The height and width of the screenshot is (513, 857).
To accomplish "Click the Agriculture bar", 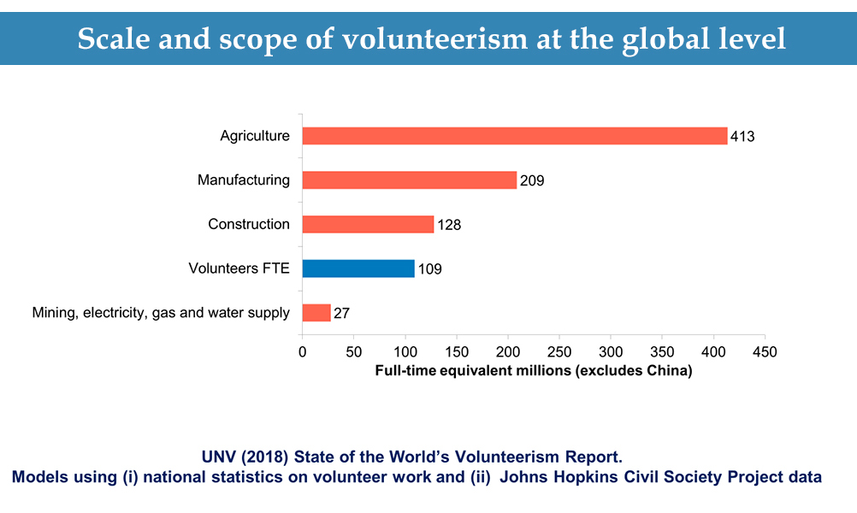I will pyautogui.click(x=514, y=136).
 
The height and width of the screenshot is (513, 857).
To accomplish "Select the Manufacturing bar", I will pyautogui.click(x=410, y=180).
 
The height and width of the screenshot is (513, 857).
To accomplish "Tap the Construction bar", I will pyautogui.click(x=368, y=224).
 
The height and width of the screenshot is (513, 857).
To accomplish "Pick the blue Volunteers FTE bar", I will pyautogui.click(x=358, y=268).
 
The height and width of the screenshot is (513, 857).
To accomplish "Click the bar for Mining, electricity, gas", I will pyautogui.click(x=316, y=313).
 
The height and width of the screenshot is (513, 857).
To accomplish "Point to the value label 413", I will pyautogui.click(x=742, y=137).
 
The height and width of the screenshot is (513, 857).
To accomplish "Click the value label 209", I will pyautogui.click(x=532, y=181).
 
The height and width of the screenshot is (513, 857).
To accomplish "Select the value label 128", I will pyautogui.click(x=449, y=225).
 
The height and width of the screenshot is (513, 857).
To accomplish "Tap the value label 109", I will pyautogui.click(x=429, y=269).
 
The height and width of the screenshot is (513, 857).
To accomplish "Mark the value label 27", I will pyautogui.click(x=341, y=314).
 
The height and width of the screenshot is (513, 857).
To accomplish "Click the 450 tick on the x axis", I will pyautogui.click(x=765, y=352).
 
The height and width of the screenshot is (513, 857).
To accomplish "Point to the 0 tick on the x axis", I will pyautogui.click(x=302, y=352).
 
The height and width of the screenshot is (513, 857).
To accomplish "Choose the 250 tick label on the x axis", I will pyautogui.click(x=559, y=352).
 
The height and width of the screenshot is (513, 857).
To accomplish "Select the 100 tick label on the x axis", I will pyautogui.click(x=405, y=352).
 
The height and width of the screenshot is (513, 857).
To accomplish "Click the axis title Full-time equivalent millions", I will pyautogui.click(x=533, y=371).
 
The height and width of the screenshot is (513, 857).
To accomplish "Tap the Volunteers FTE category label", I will pyautogui.click(x=239, y=268).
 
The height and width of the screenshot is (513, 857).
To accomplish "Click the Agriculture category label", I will pyautogui.click(x=255, y=136).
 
